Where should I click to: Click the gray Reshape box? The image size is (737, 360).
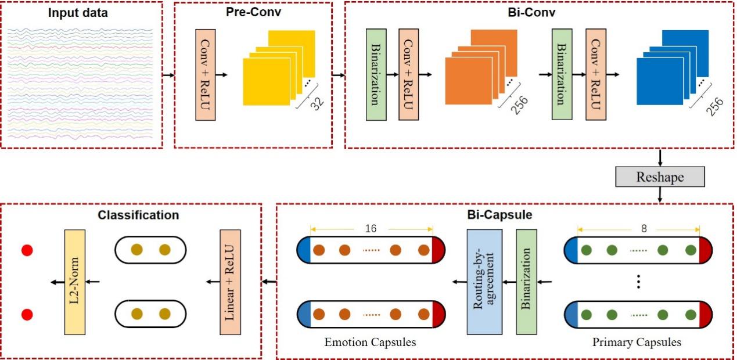click(660, 176)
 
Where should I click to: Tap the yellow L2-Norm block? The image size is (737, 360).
click(76, 282)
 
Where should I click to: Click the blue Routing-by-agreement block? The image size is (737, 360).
click(484, 282)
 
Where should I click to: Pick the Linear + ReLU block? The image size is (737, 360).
click(229, 282)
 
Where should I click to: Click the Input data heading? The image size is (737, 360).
click(77, 12)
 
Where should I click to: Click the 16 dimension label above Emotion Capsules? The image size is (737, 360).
click(372, 228)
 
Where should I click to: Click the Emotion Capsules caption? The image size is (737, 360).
click(371, 343)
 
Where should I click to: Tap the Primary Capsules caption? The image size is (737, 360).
click(637, 343)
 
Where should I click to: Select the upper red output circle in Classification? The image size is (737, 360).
click(27, 251)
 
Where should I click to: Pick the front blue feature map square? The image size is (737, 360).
click(660, 82)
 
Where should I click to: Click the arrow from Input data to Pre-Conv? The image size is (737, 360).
click(168, 75)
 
